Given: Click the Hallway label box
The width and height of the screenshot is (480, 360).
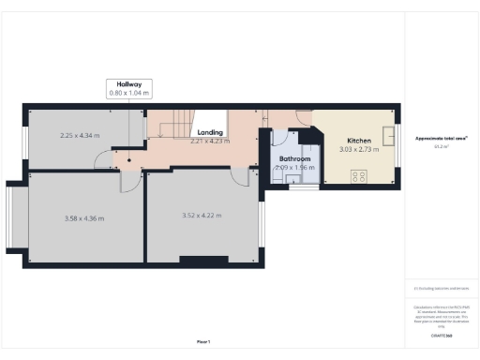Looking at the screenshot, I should [x=128, y=88].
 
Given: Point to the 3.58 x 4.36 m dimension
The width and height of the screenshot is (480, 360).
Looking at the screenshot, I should [x=83, y=218].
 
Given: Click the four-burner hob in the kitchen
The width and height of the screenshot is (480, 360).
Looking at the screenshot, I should [x=358, y=175].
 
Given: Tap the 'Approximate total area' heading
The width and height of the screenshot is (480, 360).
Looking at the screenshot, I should [x=441, y=139].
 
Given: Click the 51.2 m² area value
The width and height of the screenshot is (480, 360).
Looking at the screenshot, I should [x=440, y=146].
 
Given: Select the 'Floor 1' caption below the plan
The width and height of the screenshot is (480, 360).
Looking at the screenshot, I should [x=202, y=341].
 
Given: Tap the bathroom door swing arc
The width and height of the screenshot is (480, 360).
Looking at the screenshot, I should [x=280, y=142].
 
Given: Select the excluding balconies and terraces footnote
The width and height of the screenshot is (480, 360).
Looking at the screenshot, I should [x=441, y=289].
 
